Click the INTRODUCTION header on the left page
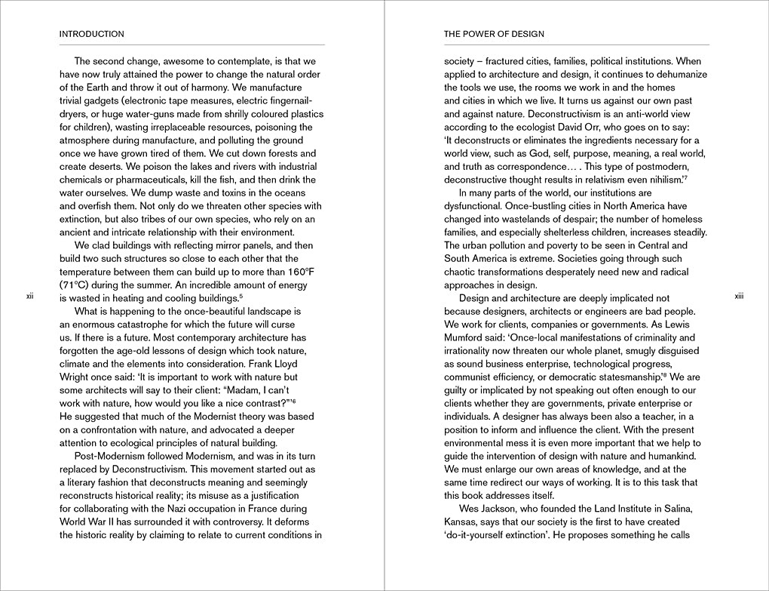point(91,34)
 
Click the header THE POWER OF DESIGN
point(494,34)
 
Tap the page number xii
point(29,297)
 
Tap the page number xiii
point(739,297)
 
